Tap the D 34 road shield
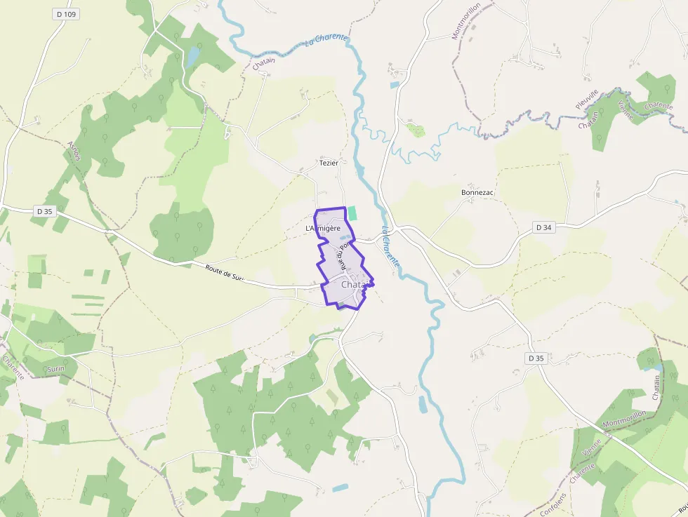click(544, 227)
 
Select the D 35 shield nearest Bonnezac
click(535, 358)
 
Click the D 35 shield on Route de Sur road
click(44, 210)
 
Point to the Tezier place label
click(329, 163)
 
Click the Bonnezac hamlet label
click(477, 192)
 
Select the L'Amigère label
click(322, 229)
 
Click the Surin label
click(55, 368)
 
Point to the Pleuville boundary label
click(587, 99)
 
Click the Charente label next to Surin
click(13, 368)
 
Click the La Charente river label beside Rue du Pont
click(390, 247)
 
